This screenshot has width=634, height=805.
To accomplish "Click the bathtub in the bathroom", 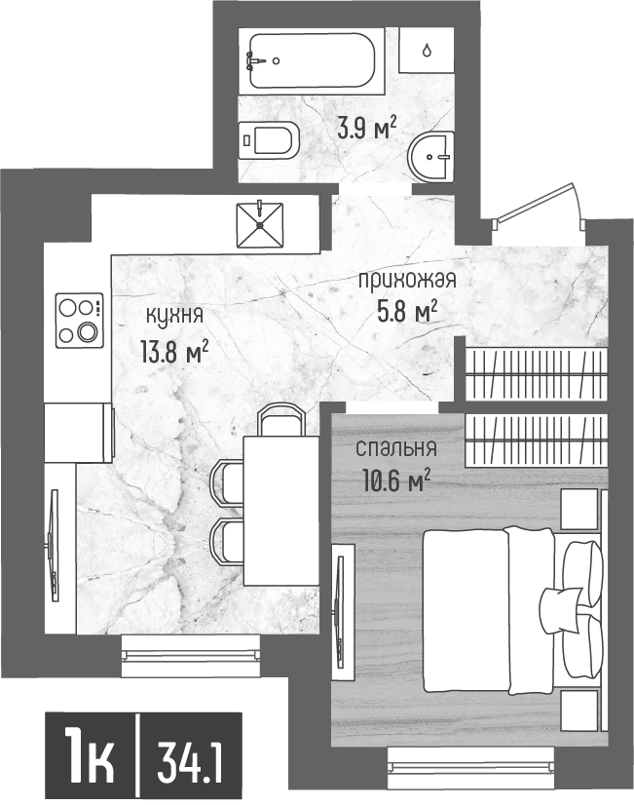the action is click(x=311, y=61).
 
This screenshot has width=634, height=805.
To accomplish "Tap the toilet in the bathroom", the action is click(x=270, y=138).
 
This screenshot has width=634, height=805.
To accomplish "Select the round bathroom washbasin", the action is click(x=431, y=157).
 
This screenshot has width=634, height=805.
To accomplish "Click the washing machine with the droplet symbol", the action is click(x=427, y=50).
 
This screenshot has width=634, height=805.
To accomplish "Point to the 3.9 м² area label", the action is click(x=367, y=129).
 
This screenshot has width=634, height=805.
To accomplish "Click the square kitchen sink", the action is click(x=260, y=225).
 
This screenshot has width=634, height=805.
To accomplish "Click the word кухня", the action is click(x=175, y=315).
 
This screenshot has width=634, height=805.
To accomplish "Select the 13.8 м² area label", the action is click(x=174, y=353).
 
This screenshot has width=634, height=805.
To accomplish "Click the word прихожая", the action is click(x=407, y=281).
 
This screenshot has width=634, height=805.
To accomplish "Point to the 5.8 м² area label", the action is click(x=407, y=312).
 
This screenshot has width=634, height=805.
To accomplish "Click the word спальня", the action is click(x=396, y=448).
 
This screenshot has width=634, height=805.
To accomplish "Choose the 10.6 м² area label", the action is click(x=396, y=481).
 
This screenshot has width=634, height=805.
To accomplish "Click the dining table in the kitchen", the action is click(x=281, y=511).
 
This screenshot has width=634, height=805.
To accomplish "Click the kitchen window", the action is click(x=192, y=656).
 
